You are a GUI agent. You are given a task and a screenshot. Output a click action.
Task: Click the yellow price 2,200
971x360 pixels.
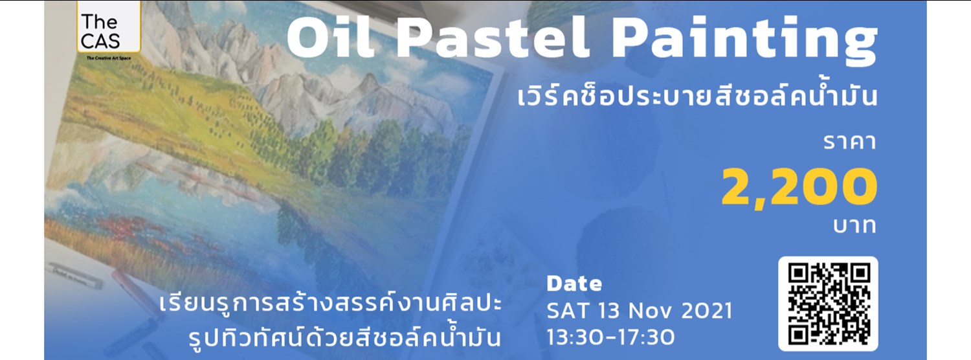tap(799, 188)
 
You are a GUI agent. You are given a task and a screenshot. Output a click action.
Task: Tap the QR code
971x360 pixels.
tap(828, 302)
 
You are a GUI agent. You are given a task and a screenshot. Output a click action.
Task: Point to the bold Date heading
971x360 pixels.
tap(574, 284)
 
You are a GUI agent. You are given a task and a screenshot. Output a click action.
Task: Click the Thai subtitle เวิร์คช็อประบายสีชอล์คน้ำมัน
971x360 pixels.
tap(698, 98)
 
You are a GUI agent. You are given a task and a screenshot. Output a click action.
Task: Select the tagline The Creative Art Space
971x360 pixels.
tap(108, 58)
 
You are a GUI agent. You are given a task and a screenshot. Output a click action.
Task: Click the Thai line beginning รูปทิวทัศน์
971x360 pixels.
tap(343, 337)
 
